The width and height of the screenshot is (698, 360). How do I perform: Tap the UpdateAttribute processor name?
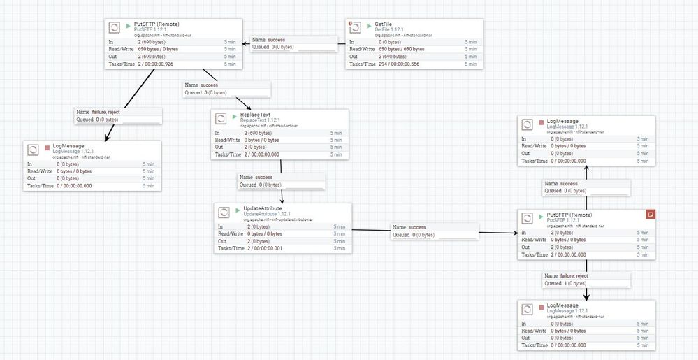[266, 208]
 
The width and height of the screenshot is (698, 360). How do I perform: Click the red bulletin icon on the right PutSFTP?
[650, 215]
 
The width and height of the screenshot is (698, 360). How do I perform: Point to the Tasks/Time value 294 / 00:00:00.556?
[400, 64]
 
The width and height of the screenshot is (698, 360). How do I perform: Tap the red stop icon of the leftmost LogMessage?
[47, 147]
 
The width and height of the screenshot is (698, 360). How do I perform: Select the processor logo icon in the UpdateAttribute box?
[224, 211]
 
